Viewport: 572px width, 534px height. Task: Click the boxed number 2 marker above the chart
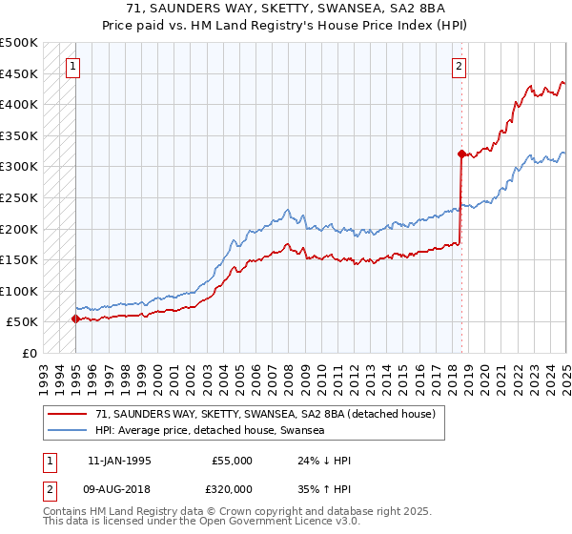(460, 67)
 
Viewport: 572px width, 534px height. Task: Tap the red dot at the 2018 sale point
(461, 154)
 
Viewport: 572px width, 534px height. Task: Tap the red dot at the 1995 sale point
(76, 319)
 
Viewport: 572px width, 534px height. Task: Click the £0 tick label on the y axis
(31, 353)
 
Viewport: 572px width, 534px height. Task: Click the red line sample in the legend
(70, 414)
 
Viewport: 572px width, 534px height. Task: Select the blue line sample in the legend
(70, 431)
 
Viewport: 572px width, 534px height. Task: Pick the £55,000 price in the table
(232, 461)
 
